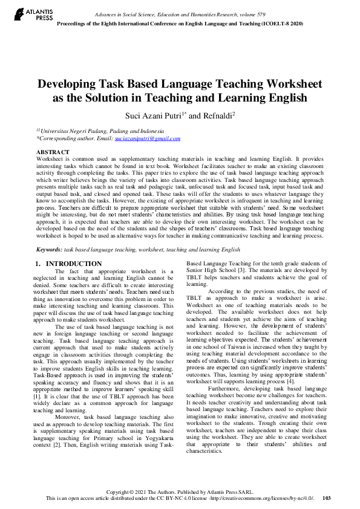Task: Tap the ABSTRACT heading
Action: (x=53, y=152)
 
